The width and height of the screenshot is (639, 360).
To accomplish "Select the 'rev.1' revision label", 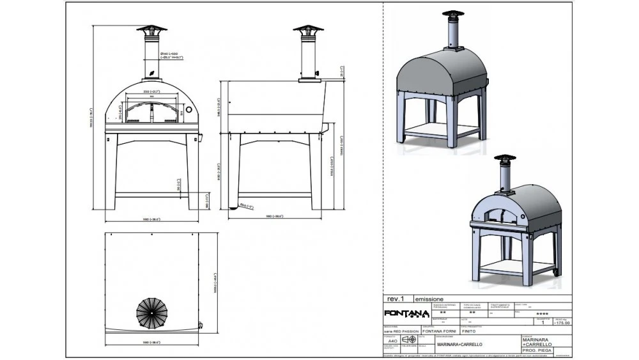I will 396,299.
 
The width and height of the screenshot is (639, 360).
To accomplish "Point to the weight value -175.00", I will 562,324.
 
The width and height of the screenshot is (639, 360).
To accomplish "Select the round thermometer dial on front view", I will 190,112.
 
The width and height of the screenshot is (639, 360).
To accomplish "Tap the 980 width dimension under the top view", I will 151,344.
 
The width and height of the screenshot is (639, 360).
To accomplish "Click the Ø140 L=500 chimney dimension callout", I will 171,56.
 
